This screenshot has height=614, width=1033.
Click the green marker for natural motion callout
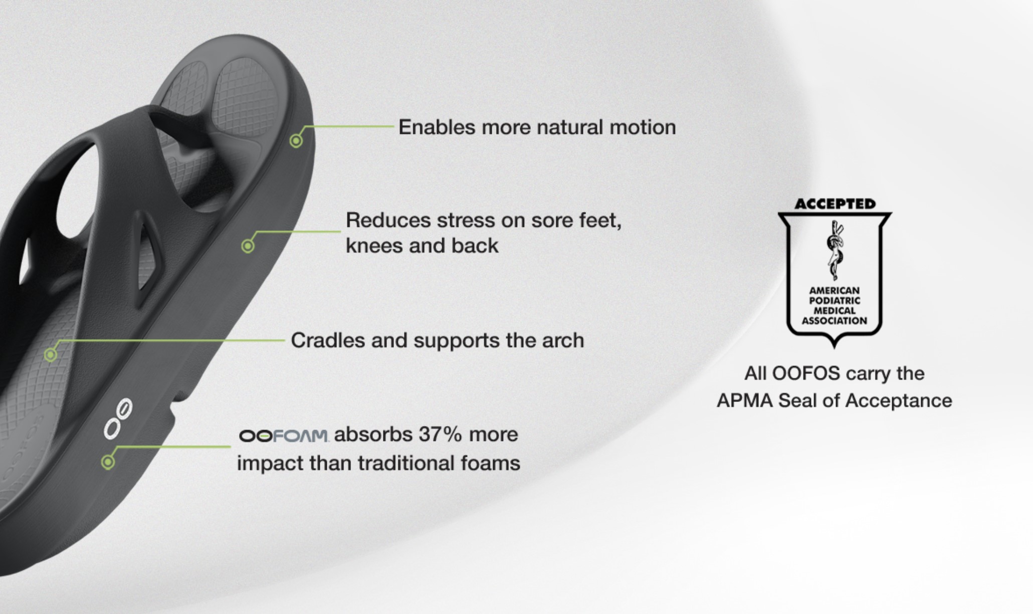[x=296, y=141]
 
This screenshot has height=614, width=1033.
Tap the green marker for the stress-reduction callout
[x=248, y=246]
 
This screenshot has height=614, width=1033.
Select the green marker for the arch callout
[x=50, y=355]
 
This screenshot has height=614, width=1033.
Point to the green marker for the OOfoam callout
[x=108, y=462]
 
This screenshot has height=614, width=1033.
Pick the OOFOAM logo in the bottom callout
[x=284, y=436]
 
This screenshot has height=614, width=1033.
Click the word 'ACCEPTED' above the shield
[x=835, y=204]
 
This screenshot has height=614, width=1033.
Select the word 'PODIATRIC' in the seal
[x=835, y=301]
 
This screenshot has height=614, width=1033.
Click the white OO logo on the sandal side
[x=118, y=419]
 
